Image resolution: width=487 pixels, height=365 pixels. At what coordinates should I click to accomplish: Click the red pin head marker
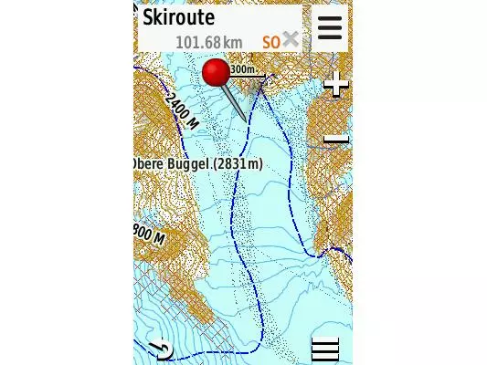[217, 72]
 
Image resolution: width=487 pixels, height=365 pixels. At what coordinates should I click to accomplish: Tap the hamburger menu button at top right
[330, 28]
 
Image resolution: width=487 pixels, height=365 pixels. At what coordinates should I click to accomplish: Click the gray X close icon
[291, 39]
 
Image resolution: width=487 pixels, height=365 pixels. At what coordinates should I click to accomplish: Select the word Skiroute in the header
[178, 17]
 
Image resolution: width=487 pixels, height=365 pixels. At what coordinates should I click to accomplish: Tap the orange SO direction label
[270, 42]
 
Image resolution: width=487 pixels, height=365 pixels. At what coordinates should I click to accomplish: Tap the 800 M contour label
[150, 233]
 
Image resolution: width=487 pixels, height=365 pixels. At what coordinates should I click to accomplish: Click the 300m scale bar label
[242, 69]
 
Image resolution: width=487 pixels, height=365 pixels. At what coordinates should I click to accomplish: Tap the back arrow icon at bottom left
[160, 349]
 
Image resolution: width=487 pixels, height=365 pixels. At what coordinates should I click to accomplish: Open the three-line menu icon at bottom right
[324, 349]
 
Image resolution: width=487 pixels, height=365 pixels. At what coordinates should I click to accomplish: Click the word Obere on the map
[151, 163]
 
